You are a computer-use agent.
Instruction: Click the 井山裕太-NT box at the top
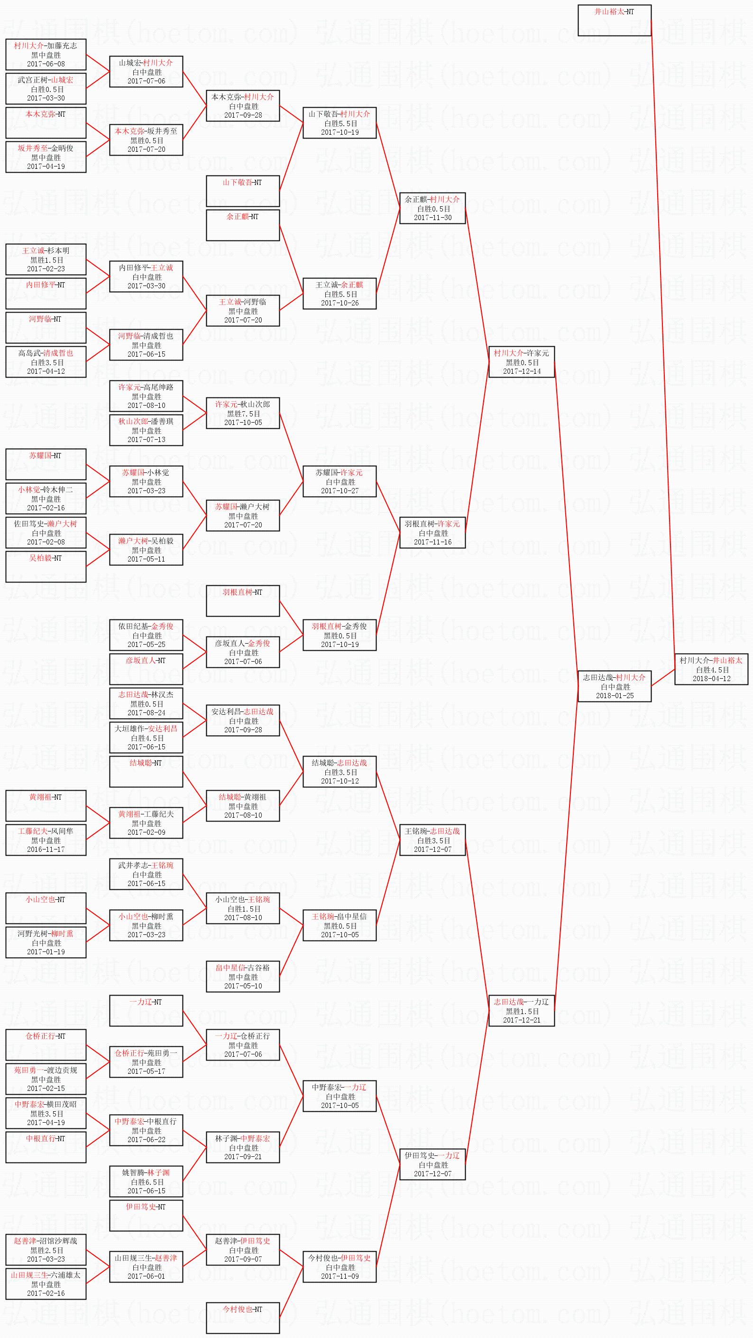point(615,20)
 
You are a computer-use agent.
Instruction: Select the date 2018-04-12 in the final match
point(711,678)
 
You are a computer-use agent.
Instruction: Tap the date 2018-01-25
point(615,695)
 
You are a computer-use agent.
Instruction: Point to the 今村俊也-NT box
point(242,1317)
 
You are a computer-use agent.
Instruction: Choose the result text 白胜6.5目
point(146,1181)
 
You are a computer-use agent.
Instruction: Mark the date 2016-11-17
point(46,849)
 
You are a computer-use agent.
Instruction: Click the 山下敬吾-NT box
point(242,191)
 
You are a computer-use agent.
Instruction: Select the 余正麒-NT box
point(242,224)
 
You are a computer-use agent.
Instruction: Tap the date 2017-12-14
point(522,371)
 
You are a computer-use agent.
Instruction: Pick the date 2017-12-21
point(522,1020)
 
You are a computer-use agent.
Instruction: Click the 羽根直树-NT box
point(242,600)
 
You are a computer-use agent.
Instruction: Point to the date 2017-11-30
point(432,218)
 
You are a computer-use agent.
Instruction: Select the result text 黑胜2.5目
point(46,1250)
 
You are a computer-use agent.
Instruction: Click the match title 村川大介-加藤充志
point(46,46)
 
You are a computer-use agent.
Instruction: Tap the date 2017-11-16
point(432,542)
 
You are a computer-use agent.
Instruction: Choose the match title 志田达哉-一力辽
point(522,1001)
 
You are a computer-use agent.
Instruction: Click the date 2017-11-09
point(340,1276)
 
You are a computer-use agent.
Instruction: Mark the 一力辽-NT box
point(146,1010)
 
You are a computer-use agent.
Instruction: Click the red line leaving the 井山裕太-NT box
point(662,338)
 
